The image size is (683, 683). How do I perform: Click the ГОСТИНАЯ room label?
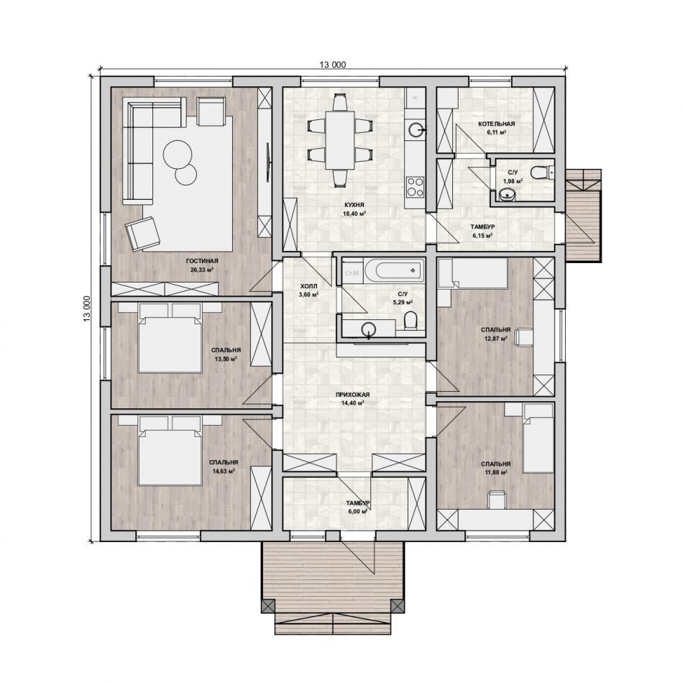click(x=202, y=261)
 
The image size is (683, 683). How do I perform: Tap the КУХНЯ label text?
click(x=354, y=205)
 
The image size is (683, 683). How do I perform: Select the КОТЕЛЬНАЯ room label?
click(x=496, y=124)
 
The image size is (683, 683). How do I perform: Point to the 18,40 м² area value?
click(x=354, y=214)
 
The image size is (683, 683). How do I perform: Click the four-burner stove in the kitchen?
click(x=414, y=186)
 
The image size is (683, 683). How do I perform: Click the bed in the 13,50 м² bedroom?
click(x=170, y=339)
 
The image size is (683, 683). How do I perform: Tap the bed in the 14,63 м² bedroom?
click(x=170, y=451)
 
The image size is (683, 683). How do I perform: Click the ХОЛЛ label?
click(x=308, y=286)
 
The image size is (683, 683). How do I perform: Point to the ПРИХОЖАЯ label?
click(x=352, y=395)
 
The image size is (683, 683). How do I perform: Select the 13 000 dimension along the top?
click(x=333, y=65)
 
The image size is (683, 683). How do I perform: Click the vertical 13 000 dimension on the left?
click(x=86, y=309)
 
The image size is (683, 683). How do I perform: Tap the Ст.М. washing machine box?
click(x=352, y=273)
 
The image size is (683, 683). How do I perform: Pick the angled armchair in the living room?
click(x=142, y=234)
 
